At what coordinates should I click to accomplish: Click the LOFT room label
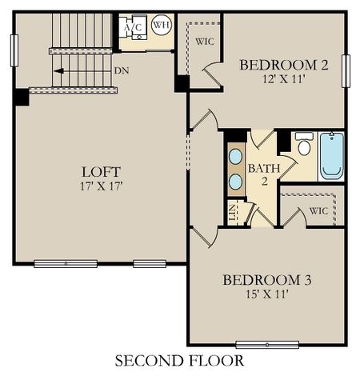click(x=101, y=171)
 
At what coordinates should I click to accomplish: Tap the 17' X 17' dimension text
click(x=101, y=186)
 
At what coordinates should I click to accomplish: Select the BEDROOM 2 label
click(x=284, y=65)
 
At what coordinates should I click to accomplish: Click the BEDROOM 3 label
click(x=266, y=280)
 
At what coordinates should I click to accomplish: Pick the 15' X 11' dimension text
click(x=266, y=294)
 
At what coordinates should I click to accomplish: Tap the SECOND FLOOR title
click(x=179, y=361)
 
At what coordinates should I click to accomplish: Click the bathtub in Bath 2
click(x=331, y=156)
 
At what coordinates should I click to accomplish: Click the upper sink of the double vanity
click(x=237, y=155)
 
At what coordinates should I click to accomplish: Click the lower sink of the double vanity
click(x=237, y=182)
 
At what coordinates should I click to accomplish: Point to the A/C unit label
click(x=131, y=26)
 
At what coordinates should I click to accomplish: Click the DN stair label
click(x=121, y=70)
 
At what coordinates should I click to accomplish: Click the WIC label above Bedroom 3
click(x=319, y=211)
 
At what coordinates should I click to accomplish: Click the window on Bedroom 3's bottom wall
click(x=267, y=345)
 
